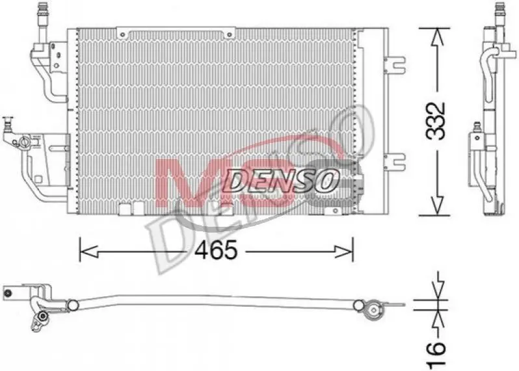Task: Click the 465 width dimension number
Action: click(216, 250)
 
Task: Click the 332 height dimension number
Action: click(436, 121)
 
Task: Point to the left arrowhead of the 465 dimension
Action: click(88, 251)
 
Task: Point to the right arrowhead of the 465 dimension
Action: click(344, 251)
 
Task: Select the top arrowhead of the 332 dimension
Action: click(436, 37)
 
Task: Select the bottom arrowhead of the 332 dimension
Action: click(436, 206)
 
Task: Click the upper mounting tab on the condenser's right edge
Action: click(395, 65)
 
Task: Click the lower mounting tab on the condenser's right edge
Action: click(395, 162)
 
